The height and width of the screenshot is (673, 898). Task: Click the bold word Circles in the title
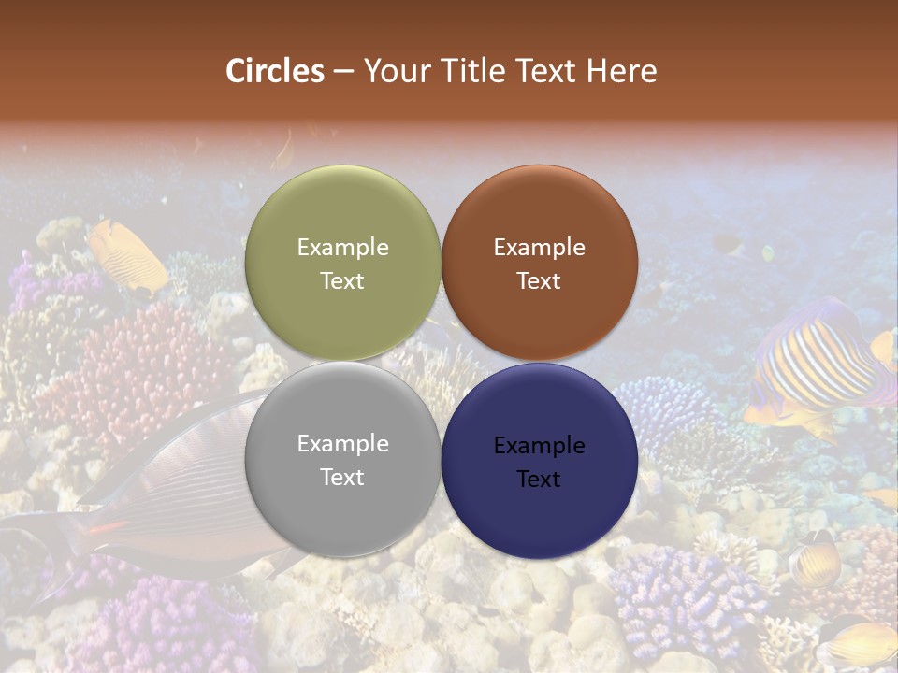point(275,70)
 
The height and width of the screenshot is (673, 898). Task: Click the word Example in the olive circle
point(342,247)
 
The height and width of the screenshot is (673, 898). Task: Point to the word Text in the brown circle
point(539,280)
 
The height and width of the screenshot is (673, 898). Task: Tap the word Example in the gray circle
point(342,443)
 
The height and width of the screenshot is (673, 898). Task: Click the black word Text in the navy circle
point(539,479)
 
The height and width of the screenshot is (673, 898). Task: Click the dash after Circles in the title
point(343,71)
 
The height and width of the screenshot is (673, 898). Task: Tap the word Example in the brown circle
point(539,247)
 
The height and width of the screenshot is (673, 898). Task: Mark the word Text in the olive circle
point(342,280)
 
